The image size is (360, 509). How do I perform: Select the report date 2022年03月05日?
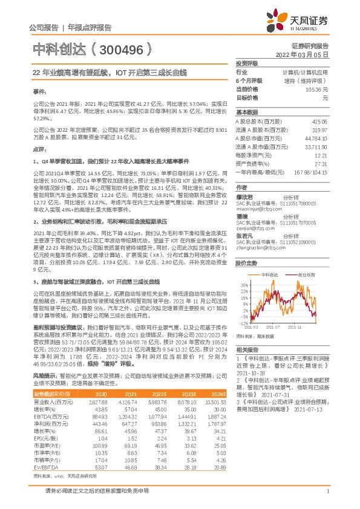click(302, 54)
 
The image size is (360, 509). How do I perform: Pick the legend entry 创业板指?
click(305, 273)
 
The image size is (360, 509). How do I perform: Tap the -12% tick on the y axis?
click(242, 321)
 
